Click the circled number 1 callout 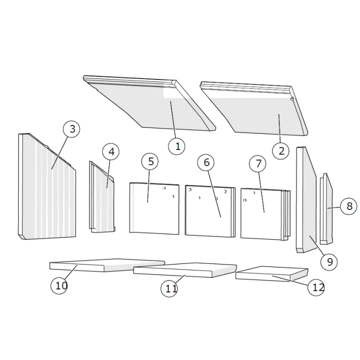(x=176, y=146)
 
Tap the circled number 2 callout (x=281, y=151)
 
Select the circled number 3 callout (x=71, y=129)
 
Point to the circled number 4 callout (x=111, y=152)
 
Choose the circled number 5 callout (x=150, y=161)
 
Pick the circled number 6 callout (x=206, y=162)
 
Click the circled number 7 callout (x=258, y=163)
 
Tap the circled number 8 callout (x=349, y=206)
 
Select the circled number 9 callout (x=329, y=262)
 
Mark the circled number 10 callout (x=59, y=286)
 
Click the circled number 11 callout (x=169, y=288)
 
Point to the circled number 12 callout (x=316, y=287)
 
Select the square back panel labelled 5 (x=154, y=208)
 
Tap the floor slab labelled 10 (x=107, y=265)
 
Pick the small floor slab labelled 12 (x=272, y=273)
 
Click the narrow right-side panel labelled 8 (x=326, y=209)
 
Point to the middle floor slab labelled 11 (x=185, y=270)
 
